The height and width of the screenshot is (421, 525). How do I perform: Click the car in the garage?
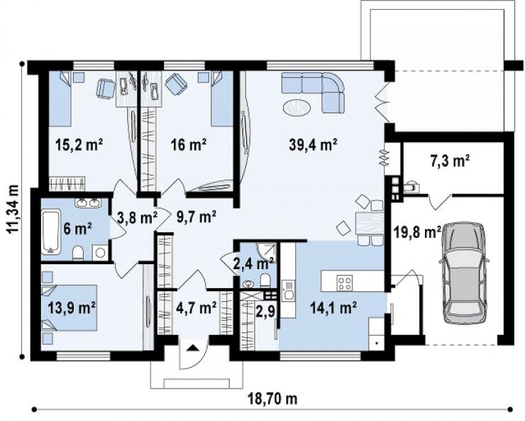(x=465, y=273)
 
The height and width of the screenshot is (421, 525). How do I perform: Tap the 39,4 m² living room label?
(x=313, y=145)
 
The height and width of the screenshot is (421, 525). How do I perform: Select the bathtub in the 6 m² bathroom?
(x=51, y=231)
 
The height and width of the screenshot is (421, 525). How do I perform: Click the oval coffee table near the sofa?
(x=297, y=108)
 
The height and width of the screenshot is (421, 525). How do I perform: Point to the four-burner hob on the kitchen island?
(x=345, y=282)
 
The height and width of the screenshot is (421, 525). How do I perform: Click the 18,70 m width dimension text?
(x=272, y=399)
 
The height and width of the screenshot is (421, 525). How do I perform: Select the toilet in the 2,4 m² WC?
(x=265, y=280)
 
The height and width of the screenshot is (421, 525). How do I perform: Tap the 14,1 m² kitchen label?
(x=333, y=307)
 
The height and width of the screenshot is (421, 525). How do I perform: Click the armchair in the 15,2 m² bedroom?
(x=106, y=89)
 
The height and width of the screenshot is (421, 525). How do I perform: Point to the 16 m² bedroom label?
(x=188, y=145)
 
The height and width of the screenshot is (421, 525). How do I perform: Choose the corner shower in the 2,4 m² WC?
(x=267, y=251)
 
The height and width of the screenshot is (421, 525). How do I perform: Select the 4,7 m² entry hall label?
(x=197, y=307)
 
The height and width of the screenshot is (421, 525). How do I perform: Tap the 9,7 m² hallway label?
(x=196, y=217)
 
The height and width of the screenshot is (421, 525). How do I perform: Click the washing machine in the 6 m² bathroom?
(x=100, y=253)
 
